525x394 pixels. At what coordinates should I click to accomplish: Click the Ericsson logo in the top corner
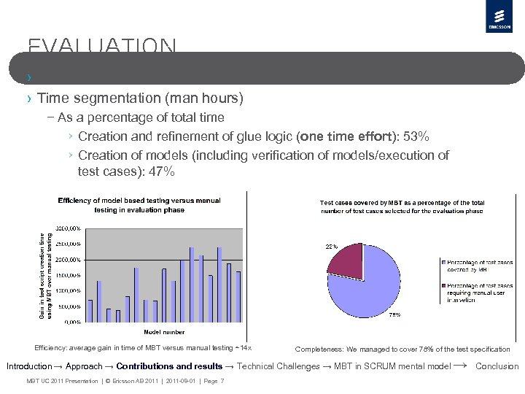click(x=498, y=17)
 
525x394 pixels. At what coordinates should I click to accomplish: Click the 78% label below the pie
click(x=394, y=314)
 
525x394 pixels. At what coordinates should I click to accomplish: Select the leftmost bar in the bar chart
click(x=90, y=310)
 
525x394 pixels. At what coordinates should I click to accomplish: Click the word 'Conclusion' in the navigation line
click(x=497, y=366)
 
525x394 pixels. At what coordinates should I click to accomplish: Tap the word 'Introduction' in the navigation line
click(x=28, y=366)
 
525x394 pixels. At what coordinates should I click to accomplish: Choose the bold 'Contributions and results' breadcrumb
click(x=169, y=366)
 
